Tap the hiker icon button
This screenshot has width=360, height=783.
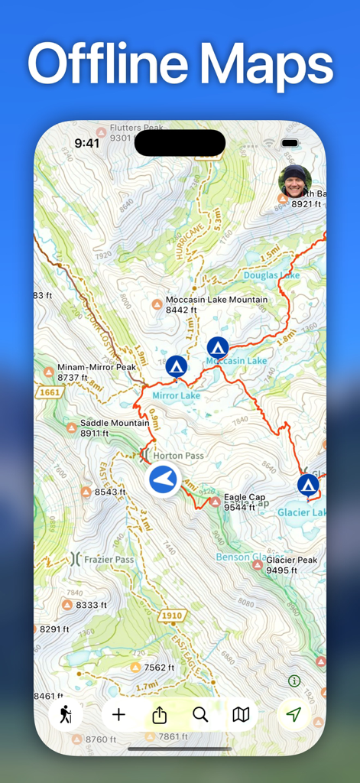click(x=66, y=715)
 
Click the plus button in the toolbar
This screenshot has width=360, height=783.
click(x=118, y=715)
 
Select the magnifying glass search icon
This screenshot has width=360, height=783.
click(x=200, y=715)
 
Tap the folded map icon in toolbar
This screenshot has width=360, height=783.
click(x=241, y=715)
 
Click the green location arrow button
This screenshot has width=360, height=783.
click(x=294, y=715)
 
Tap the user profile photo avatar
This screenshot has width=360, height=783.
click(x=295, y=181)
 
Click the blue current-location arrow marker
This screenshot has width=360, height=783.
click(x=163, y=480)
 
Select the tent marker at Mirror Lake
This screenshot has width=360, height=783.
click(x=177, y=366)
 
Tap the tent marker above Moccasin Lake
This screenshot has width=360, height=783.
click(x=218, y=347)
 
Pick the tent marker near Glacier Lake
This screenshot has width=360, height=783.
click(x=308, y=484)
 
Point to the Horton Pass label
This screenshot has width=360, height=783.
click(x=178, y=456)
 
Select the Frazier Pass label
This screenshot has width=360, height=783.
click(x=109, y=560)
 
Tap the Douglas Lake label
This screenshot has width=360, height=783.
click(x=271, y=275)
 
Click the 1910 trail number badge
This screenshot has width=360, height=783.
click(x=170, y=615)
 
